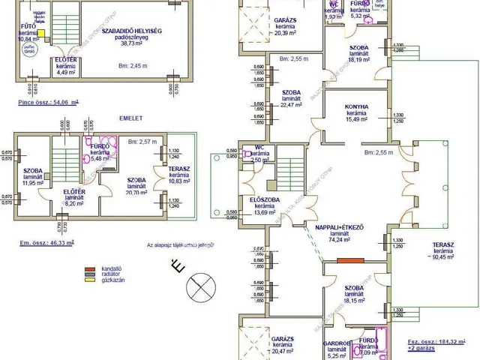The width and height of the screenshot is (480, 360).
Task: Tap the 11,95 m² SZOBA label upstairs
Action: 29,176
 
